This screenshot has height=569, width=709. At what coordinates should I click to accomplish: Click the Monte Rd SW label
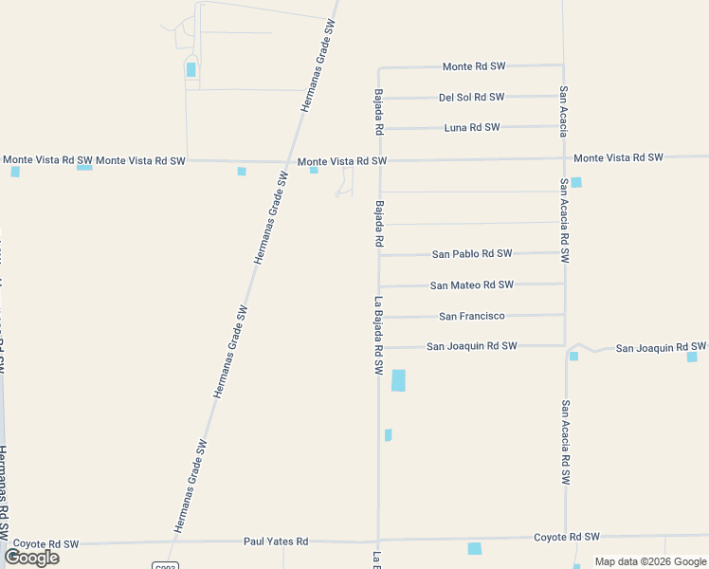474,66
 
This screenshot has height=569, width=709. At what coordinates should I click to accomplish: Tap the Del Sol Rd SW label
471,97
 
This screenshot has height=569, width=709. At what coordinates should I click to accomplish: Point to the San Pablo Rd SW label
472,254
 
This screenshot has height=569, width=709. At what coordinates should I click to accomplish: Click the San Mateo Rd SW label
471,284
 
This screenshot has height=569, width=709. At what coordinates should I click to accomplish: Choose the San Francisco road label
472,316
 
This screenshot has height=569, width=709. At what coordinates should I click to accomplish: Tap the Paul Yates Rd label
276,541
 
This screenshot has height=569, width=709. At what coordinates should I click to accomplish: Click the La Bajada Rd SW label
378,340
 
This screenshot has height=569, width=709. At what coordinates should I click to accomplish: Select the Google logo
32,558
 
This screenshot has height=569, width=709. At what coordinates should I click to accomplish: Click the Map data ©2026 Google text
649,561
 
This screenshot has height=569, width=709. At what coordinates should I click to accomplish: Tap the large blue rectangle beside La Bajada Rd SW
398,380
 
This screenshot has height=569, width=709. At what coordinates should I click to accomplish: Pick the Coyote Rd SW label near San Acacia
567,537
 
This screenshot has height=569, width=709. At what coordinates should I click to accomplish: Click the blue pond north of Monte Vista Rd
191,69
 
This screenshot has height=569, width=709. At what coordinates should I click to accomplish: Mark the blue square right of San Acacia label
576,182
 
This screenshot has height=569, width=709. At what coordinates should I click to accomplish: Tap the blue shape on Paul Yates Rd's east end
475,548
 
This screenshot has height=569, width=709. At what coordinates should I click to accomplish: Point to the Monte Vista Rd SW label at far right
618,157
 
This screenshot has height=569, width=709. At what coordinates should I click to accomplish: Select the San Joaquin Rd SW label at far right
661,348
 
